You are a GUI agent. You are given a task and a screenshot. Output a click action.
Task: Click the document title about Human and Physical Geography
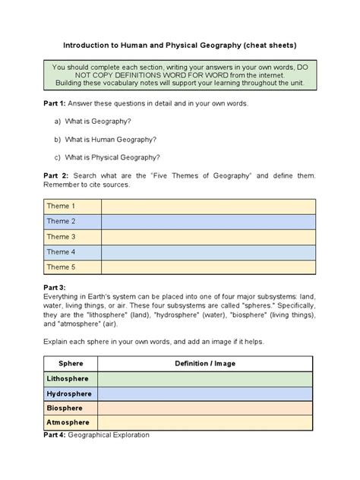coord(179,45)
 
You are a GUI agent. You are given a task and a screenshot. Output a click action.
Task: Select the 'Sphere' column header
coord(71,363)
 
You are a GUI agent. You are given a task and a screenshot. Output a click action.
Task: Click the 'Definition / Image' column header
coord(204,363)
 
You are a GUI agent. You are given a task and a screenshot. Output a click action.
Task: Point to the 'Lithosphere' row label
coord(68,379)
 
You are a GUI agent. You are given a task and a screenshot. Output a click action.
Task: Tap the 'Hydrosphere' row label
coord(69,393)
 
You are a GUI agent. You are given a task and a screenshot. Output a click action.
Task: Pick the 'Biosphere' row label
coord(65,408)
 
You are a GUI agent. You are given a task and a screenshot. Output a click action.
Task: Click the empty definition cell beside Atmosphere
coord(204,422)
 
